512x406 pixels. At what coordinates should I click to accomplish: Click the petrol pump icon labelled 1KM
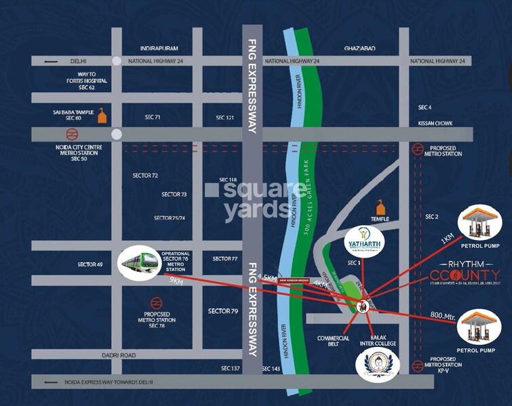coord(480,222)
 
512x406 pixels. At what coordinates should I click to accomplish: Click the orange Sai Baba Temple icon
coord(102,115)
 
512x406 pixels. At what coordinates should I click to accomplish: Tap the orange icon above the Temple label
coord(380,207)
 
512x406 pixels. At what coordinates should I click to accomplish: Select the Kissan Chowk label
coord(436,124)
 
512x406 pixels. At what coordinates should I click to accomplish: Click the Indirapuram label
coord(159,49)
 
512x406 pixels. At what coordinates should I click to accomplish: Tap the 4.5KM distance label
coord(269,277)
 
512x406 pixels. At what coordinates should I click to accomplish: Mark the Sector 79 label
coord(223,311)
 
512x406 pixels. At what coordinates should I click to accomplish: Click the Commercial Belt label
coord(333,342)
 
